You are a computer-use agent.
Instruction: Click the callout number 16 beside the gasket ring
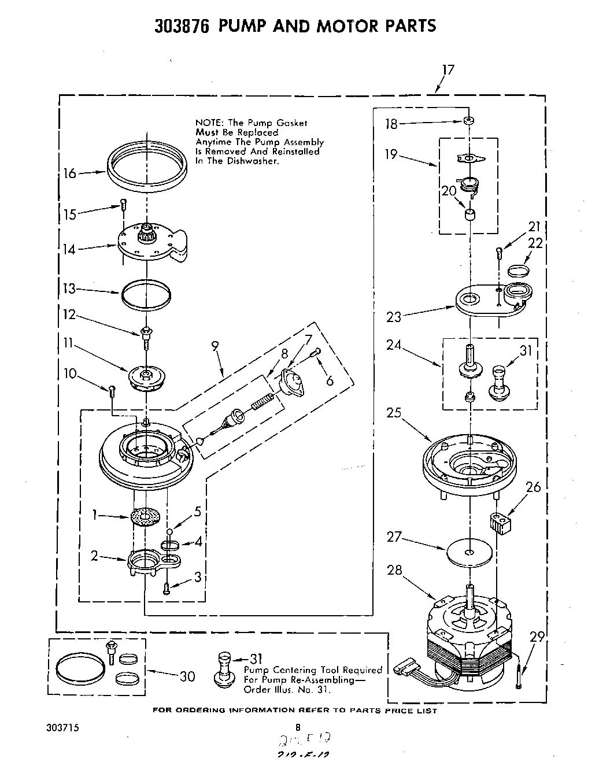69,173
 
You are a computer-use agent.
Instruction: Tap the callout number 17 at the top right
448,70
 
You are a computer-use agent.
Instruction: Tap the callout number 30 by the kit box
187,676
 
